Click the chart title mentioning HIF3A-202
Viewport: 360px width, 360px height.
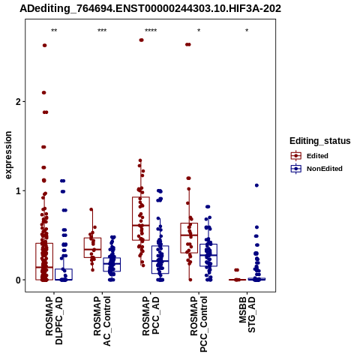coord(150,9)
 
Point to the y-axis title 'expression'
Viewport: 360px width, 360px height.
coord(8,155)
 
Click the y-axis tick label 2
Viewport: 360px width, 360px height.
coord(18,101)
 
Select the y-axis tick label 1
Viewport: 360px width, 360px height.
coord(18,191)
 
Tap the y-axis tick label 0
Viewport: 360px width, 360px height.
coord(18,280)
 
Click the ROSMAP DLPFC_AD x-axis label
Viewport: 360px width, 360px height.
coord(54,320)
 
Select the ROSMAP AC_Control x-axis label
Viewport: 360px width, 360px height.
coord(102,321)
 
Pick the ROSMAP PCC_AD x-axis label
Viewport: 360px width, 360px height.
coord(151,316)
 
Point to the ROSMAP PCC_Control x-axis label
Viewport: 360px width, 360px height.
coord(199,324)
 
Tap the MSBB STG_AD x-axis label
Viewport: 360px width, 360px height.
coord(247,314)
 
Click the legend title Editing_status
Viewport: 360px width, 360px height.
coord(320,141)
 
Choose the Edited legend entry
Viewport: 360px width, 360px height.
coord(310,156)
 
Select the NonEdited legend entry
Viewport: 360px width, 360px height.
coord(316,169)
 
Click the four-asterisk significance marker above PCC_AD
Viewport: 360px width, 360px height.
coord(151,31)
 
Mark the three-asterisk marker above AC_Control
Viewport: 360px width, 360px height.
coord(102,31)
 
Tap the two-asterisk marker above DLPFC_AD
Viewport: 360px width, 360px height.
coord(54,31)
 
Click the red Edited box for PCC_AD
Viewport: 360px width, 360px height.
coord(141,219)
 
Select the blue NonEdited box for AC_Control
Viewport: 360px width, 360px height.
coord(112,265)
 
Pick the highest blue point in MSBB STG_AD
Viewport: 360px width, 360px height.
coord(256,185)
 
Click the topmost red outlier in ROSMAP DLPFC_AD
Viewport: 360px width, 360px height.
coord(44,45)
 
